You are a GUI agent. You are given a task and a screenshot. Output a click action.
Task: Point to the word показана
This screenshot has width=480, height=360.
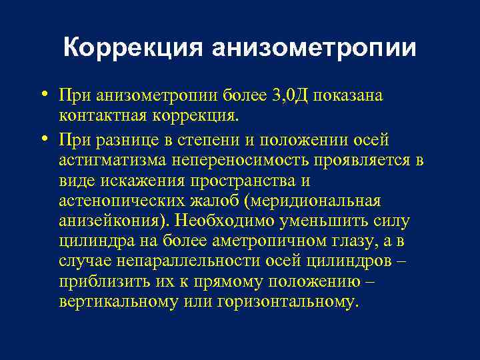pos(347,95)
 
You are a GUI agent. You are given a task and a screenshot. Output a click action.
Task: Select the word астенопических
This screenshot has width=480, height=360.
pos(119,201)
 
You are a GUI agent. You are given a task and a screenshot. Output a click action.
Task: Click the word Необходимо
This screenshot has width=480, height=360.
pos(221,221)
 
